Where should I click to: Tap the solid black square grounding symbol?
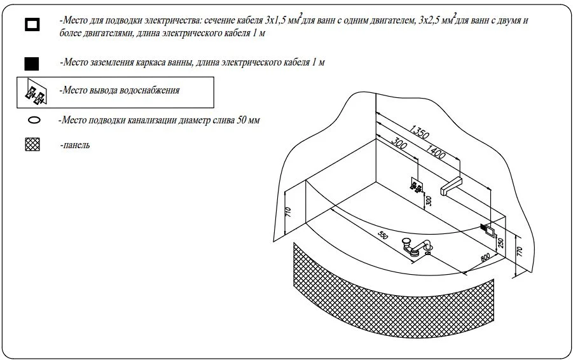point(31,64)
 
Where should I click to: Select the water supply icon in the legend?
point(36,92)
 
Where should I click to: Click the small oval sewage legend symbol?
point(34,120)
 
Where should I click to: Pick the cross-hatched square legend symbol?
point(32,145)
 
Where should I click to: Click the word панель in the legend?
point(76,145)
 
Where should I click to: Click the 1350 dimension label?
point(419,132)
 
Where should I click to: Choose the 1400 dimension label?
point(435,151)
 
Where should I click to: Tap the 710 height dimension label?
point(288,212)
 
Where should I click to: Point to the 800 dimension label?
point(485,258)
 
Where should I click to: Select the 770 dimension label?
point(520,252)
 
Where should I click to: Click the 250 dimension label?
point(501,243)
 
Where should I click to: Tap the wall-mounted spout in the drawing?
point(452,186)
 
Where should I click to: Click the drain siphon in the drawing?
point(418,246)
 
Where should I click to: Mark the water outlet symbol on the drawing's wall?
point(416,185)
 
